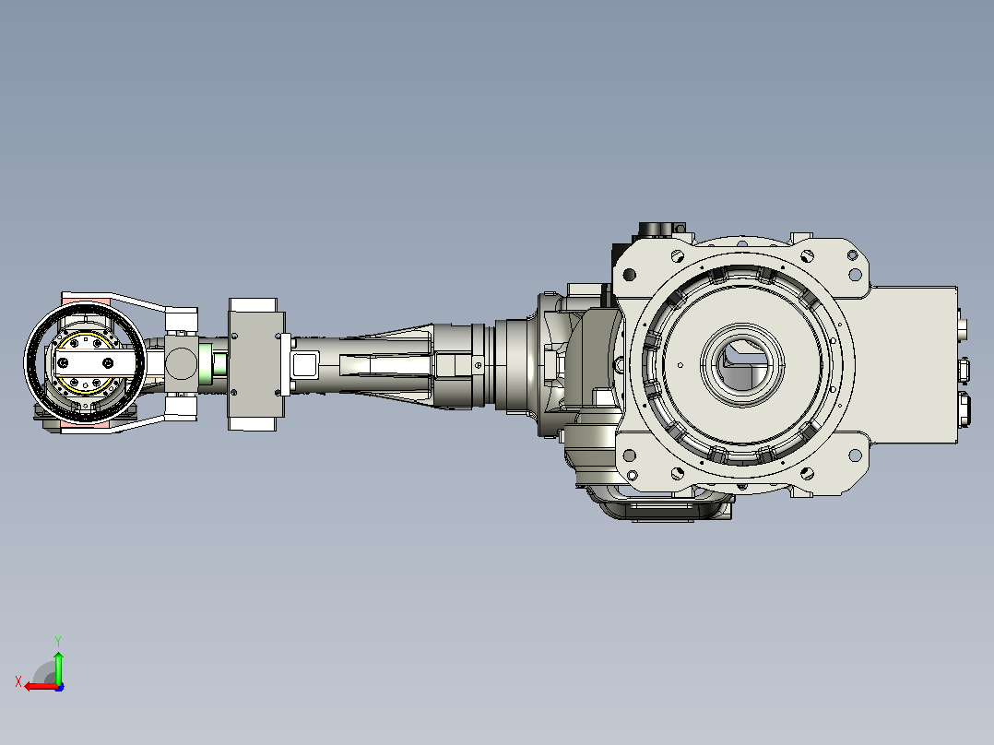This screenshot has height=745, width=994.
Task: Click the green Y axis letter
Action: pyautogui.click(x=58, y=641)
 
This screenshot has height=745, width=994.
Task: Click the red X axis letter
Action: pyautogui.click(x=18, y=681)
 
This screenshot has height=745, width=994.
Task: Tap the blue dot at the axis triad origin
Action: pyautogui.click(x=59, y=687)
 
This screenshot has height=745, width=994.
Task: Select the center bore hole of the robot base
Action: pyautogui.click(x=742, y=364)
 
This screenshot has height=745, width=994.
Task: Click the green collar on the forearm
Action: pyautogui.click(x=206, y=363)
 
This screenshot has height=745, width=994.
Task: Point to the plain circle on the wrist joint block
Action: pyautogui.click(x=181, y=363)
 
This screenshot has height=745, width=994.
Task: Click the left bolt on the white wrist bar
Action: pyautogui.click(x=63, y=363)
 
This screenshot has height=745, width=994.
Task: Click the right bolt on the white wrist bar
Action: pyautogui.click(x=109, y=363)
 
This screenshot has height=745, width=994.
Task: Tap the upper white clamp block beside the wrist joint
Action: pyautogui.click(x=182, y=320)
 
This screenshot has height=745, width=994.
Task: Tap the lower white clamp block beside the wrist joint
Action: pyautogui.click(x=182, y=407)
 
